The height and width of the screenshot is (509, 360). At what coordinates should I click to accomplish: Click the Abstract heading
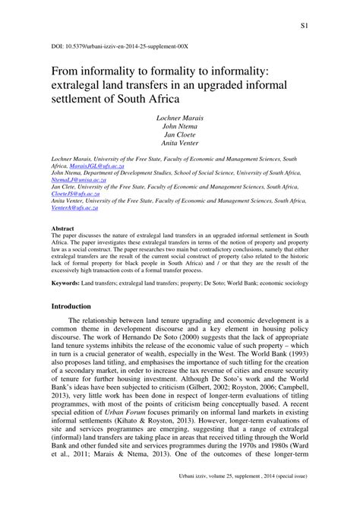62,227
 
